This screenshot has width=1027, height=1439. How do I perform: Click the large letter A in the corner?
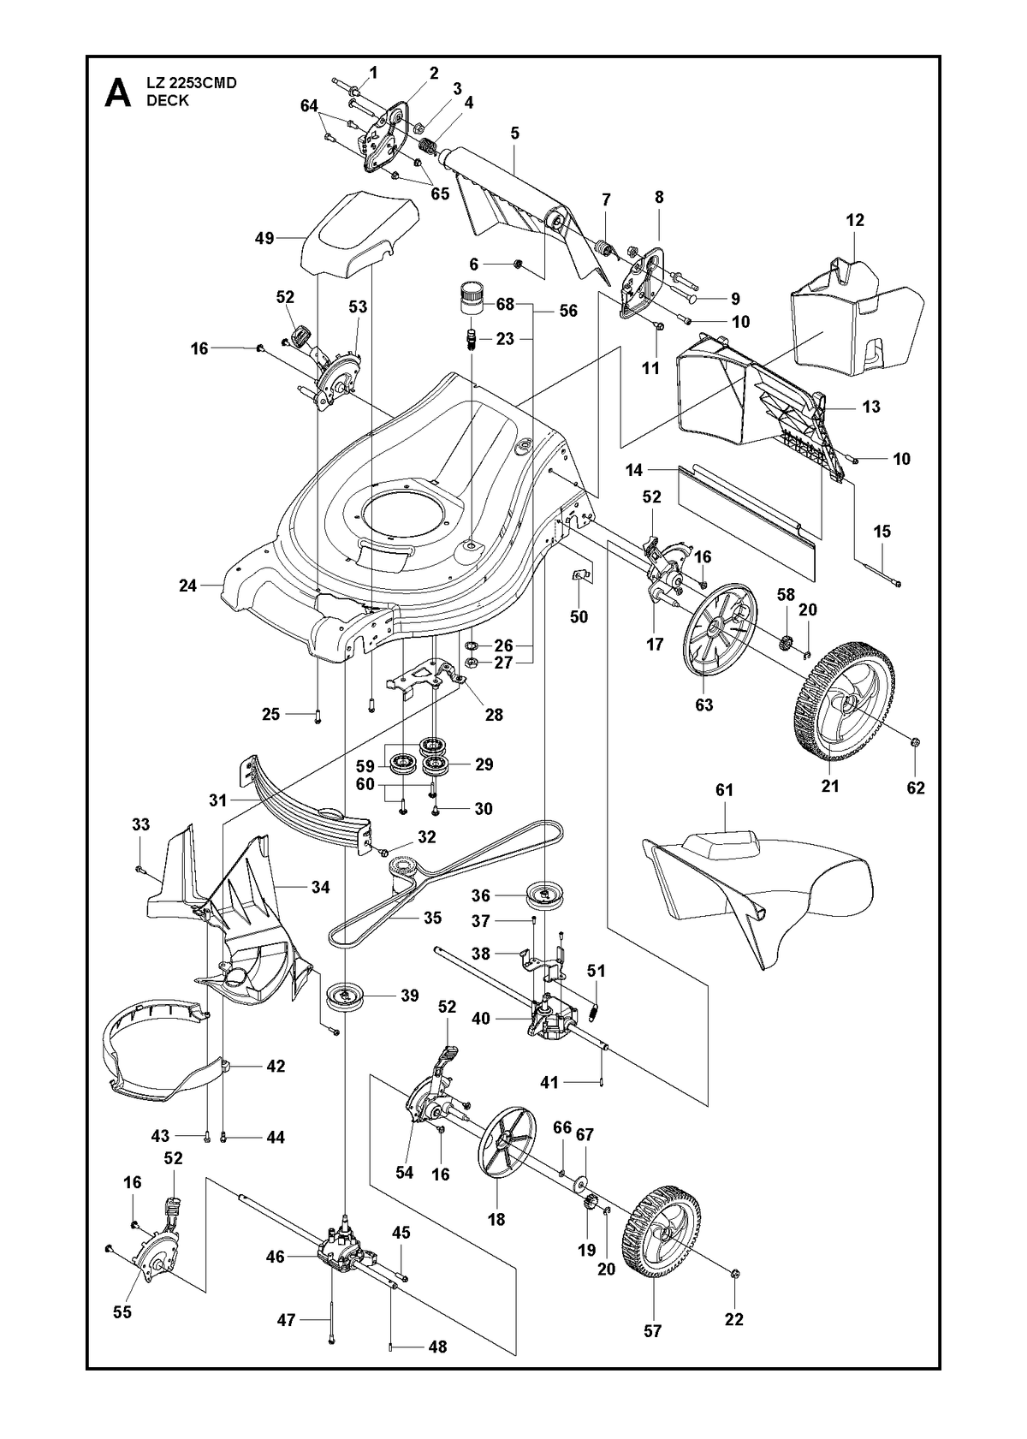click(117, 93)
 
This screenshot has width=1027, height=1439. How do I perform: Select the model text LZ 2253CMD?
click(192, 83)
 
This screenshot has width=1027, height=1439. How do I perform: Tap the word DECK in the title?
click(168, 101)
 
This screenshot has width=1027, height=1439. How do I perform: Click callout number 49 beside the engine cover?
click(264, 238)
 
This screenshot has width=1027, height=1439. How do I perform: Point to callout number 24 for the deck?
click(187, 586)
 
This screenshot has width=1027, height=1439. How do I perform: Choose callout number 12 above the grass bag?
click(855, 220)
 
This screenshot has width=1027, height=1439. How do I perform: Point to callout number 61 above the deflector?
click(724, 789)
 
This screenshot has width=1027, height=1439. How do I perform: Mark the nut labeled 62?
click(917, 743)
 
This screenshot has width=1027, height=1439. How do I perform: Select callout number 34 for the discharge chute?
click(320, 887)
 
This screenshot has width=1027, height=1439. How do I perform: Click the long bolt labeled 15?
click(876, 564)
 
